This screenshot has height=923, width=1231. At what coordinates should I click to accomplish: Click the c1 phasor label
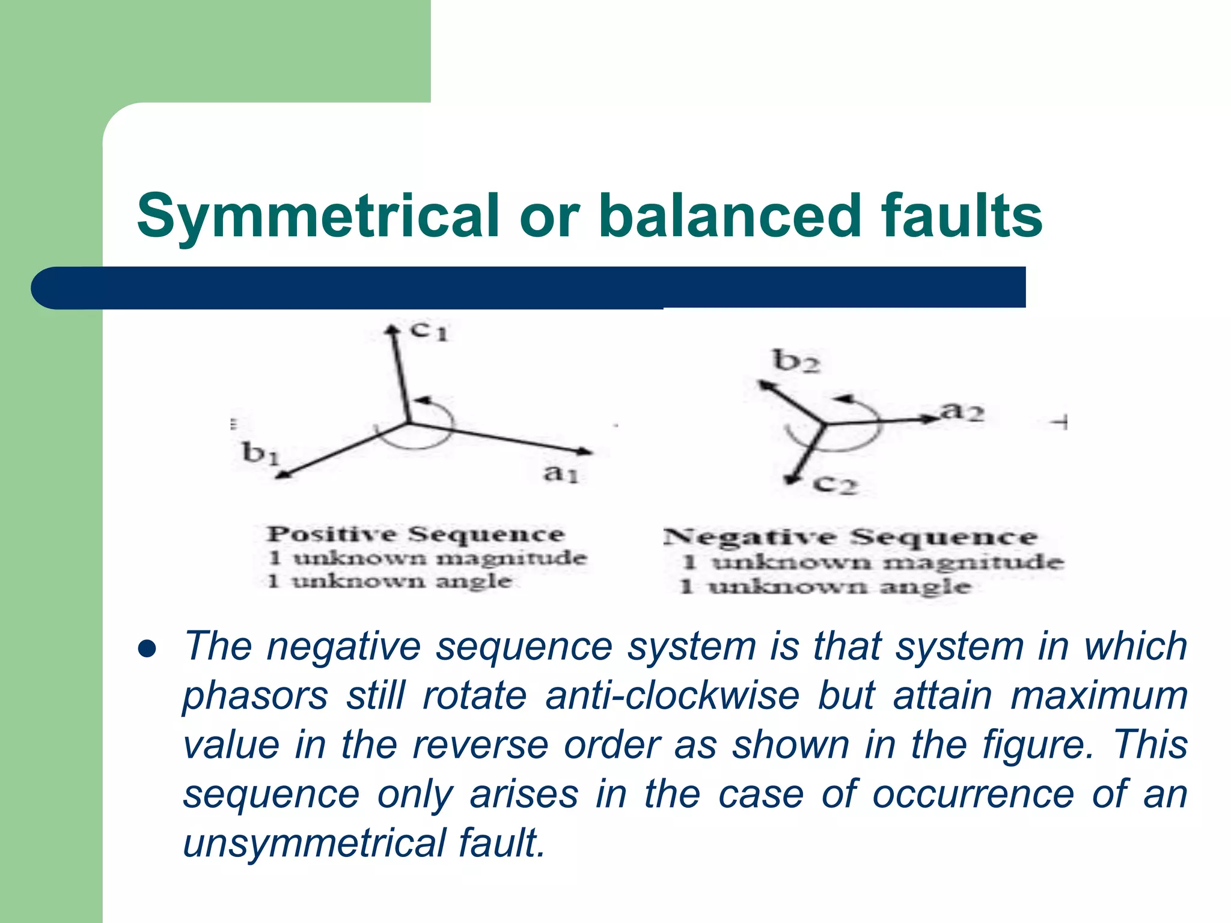click(x=429, y=331)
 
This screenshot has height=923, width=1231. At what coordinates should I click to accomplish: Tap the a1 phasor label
click(x=560, y=474)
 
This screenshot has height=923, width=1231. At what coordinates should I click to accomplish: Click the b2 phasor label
click(x=796, y=361)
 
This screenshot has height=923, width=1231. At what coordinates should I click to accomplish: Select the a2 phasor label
click(x=962, y=412)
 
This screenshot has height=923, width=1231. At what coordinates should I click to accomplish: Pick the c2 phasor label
click(x=835, y=484)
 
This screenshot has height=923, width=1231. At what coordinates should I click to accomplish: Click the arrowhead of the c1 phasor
click(x=392, y=330)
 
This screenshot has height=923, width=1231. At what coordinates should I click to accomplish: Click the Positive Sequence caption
click(x=416, y=534)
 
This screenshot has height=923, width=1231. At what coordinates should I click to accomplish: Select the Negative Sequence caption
click(x=851, y=537)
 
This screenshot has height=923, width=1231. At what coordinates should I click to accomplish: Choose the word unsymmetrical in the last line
click(x=313, y=842)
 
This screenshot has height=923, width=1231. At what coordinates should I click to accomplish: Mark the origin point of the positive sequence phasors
click(x=409, y=423)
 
